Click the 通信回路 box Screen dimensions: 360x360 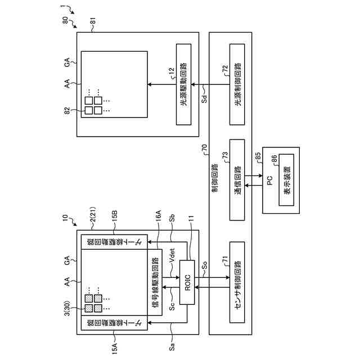tap(237, 184)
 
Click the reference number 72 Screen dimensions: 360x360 tap(225, 69)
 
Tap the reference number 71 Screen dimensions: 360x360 tap(225, 260)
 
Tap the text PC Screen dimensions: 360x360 tap(269, 184)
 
